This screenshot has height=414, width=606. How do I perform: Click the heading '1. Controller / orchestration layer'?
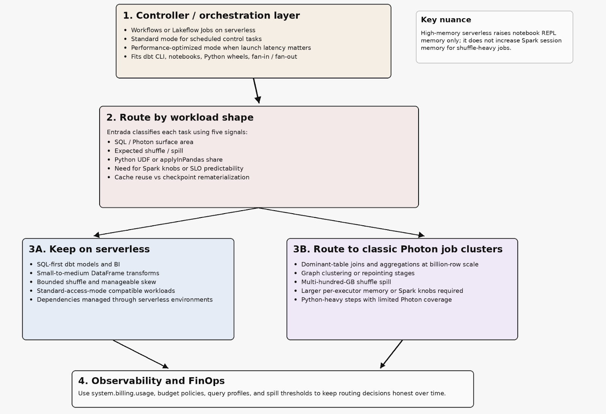pos(211,16)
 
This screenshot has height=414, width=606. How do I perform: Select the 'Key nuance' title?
pos(446,20)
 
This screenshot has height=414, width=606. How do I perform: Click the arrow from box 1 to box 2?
pos(256,91)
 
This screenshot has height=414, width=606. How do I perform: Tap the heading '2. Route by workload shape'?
pos(180,117)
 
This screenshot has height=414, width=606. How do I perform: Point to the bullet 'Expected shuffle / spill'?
pos(148,151)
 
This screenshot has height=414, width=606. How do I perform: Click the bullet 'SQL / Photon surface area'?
pos(153,142)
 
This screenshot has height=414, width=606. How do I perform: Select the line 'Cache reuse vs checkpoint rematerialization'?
pos(181,177)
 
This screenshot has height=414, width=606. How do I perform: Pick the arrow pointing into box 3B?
pos(341,222)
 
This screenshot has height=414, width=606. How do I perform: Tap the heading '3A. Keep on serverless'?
pos(89,249)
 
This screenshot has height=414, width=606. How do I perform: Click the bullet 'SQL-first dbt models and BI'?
pos(78,264)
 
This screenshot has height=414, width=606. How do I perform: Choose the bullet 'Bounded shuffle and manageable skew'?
pos(96,282)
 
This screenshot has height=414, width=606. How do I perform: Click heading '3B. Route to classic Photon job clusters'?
pos(397,249)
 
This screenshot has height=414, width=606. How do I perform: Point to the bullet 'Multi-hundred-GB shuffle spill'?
pos(346,282)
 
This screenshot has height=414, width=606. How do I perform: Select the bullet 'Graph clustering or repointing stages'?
pos(358,273)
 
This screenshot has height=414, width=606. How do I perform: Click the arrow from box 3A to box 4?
pos(140,354)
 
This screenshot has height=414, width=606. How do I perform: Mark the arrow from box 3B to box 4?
pos(392,354)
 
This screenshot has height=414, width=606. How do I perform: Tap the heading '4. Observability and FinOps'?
pos(151,381)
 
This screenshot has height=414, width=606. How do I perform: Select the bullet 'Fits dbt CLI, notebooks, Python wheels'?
pos(214,57)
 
